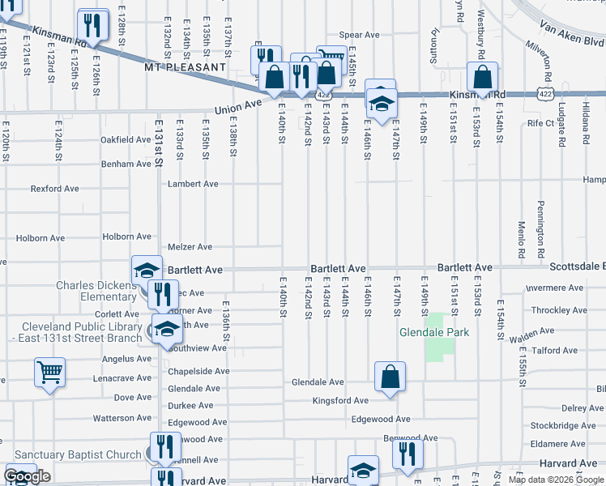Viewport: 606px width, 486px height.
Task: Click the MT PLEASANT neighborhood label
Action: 185,68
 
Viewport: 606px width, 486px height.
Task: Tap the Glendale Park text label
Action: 429,333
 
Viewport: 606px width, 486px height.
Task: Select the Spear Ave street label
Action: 359,35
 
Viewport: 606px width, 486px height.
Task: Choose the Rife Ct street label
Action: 540,123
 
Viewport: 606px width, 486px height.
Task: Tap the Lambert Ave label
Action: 193,184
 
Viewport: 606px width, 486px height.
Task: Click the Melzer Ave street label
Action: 190,247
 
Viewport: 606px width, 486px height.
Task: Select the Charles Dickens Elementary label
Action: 96,291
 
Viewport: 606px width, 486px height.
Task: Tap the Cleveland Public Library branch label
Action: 81,333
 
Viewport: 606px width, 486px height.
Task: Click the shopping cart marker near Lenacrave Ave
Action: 49,373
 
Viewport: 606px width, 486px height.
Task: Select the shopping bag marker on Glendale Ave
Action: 390,377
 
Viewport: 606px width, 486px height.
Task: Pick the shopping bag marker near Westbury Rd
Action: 482,79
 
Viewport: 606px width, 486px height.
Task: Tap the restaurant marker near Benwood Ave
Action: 408,454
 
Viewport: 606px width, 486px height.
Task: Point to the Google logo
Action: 28,476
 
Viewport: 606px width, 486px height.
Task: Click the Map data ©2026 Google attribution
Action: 556,480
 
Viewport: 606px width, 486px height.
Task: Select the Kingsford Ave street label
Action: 341,400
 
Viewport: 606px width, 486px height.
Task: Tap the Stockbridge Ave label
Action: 563,425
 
